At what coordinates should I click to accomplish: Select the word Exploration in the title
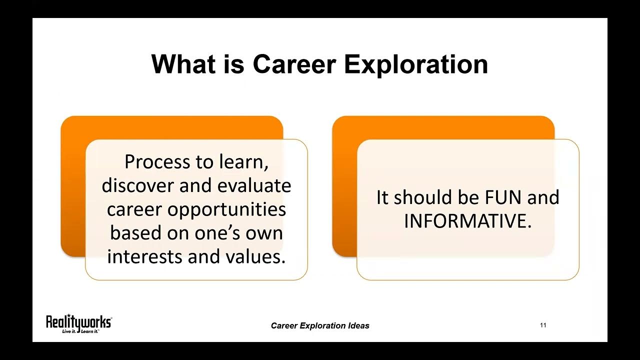tap(416, 64)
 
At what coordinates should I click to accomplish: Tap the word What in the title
tap(183, 64)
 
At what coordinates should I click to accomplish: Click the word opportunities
tap(226, 209)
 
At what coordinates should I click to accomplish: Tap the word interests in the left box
tap(144, 256)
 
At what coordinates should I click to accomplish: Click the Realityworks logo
tap(78, 321)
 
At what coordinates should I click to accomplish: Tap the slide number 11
tap(543, 325)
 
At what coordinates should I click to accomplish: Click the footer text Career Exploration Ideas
tap(320, 325)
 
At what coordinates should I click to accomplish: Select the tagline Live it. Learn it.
tap(80, 331)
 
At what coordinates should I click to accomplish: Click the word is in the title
tap(230, 64)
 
